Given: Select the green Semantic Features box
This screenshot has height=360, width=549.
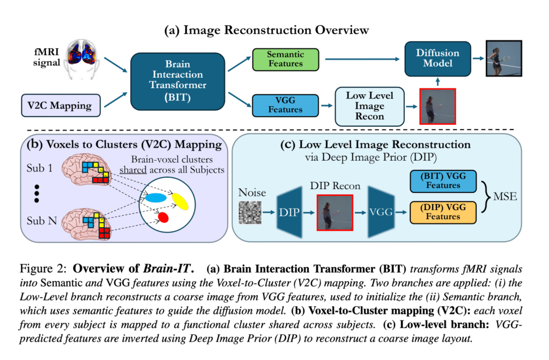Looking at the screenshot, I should pos(285,59).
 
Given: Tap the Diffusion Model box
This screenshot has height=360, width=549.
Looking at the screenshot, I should pos(437,57).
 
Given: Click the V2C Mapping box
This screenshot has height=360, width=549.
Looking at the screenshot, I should pos(59,105).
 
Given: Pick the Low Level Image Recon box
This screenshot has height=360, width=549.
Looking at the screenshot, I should pos(369,105).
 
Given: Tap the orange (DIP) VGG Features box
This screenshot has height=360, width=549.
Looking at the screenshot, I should pos(443,212).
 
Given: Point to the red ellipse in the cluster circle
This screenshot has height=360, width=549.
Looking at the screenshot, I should pos(164,216).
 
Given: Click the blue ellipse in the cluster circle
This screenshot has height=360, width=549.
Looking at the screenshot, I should pos(155,198).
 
